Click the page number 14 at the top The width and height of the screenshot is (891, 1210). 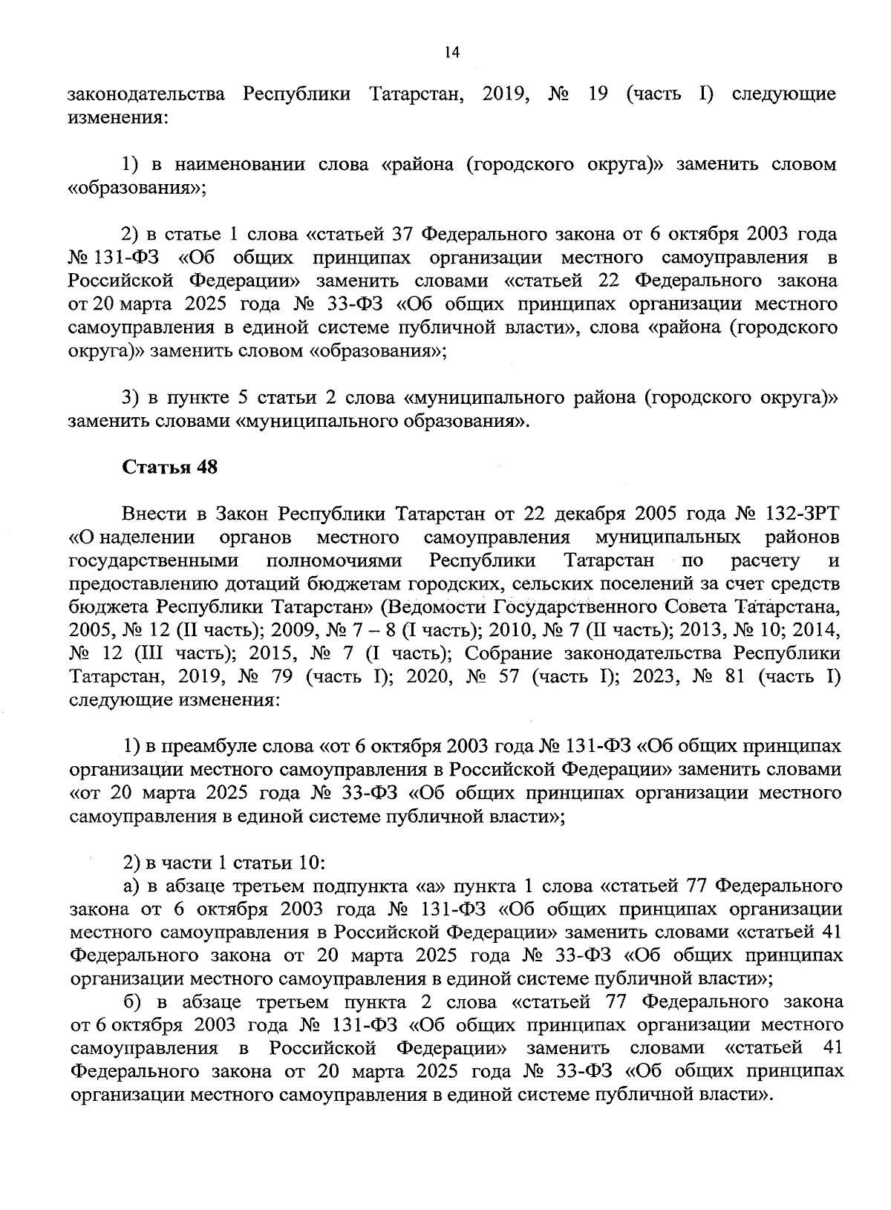click(x=452, y=52)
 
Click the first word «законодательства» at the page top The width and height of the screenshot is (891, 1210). click(x=146, y=95)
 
